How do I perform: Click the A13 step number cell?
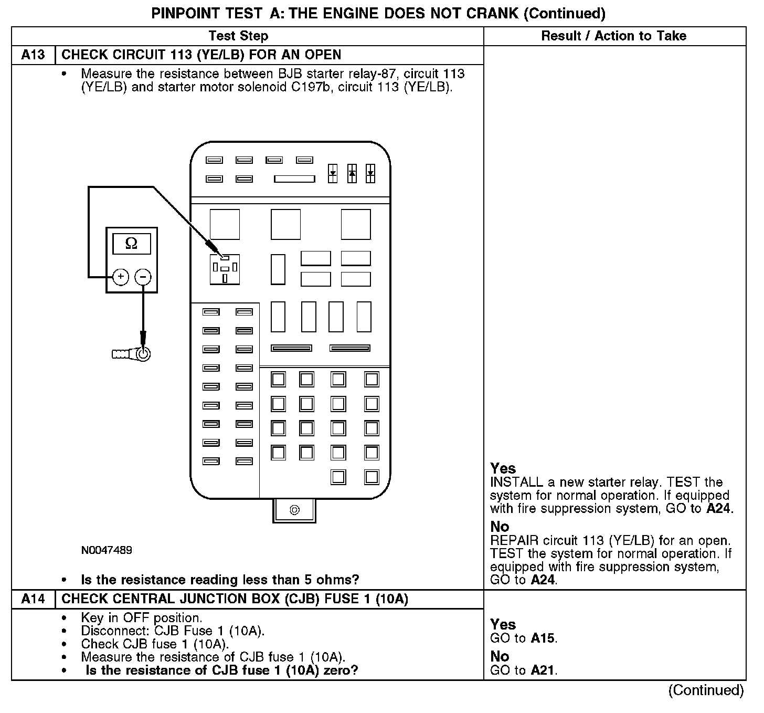pos(33,55)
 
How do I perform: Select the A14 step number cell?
pos(33,599)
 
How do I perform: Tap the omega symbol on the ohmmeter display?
pos(132,244)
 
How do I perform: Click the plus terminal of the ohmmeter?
pos(121,277)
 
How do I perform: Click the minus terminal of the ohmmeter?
pos(143,277)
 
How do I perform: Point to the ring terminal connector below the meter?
pos(142,354)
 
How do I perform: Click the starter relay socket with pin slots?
pos(225,269)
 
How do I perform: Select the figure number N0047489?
pos(107,550)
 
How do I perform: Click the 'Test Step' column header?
pos(238,36)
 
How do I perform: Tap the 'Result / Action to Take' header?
pos(613,36)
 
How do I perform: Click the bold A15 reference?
pos(542,638)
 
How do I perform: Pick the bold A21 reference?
pos(542,670)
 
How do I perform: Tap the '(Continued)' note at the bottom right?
pos(706,690)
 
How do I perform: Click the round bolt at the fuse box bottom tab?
pos(294,510)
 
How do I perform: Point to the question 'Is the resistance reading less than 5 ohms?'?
pos(220,580)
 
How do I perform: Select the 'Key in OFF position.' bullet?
pos(141,618)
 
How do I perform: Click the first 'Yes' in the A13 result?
pos(503,468)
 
